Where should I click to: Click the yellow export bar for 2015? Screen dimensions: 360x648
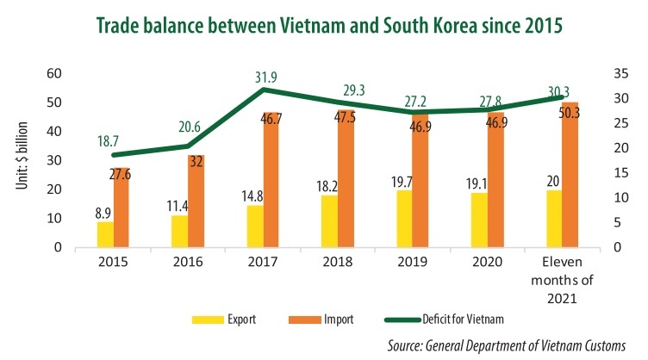pyautogui.click(x=104, y=234)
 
